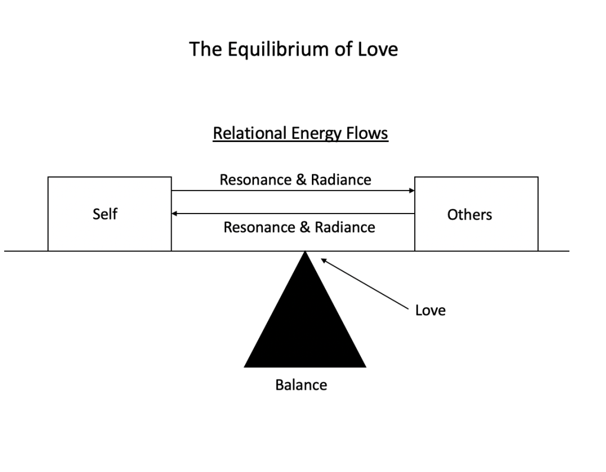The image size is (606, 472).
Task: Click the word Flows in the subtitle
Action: (369, 134)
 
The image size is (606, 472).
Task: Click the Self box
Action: (109, 214)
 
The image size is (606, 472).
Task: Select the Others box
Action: (476, 214)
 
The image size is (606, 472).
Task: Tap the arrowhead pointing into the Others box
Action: (411, 190)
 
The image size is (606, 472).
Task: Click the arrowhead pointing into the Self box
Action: (175, 213)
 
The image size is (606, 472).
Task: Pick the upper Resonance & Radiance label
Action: (295, 180)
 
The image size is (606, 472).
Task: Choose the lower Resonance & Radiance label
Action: (299, 227)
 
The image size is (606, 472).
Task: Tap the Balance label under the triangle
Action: (301, 385)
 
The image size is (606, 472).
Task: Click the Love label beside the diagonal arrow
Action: (430, 310)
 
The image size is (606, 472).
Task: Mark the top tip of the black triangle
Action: (305, 253)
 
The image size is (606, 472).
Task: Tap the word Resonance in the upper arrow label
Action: (257, 180)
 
